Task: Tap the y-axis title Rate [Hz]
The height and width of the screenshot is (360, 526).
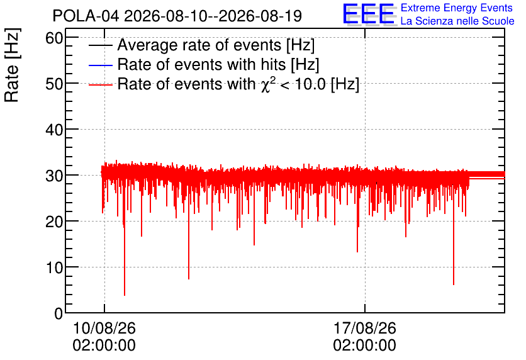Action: [12, 65]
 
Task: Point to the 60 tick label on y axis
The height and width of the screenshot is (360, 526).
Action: [54, 38]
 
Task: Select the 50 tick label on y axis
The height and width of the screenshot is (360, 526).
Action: [54, 84]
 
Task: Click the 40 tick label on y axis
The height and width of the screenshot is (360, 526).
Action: [54, 130]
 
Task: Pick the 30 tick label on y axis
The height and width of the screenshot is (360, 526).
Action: [54, 176]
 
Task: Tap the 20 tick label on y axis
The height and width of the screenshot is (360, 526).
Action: [54, 222]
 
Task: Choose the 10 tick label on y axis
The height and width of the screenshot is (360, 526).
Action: [54, 267]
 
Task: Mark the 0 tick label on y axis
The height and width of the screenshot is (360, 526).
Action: [59, 313]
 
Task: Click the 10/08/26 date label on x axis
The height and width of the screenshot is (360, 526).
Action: [104, 337]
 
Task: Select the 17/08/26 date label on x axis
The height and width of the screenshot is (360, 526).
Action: [365, 337]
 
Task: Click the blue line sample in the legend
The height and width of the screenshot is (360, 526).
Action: [100, 65]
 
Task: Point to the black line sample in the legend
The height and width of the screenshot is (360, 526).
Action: [100, 45]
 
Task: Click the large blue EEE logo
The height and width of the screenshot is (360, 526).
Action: [369, 14]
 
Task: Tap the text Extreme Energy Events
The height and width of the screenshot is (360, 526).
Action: [457, 8]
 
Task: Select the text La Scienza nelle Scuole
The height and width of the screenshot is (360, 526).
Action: [457, 21]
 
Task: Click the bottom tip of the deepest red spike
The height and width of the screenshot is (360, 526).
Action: [125, 295]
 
